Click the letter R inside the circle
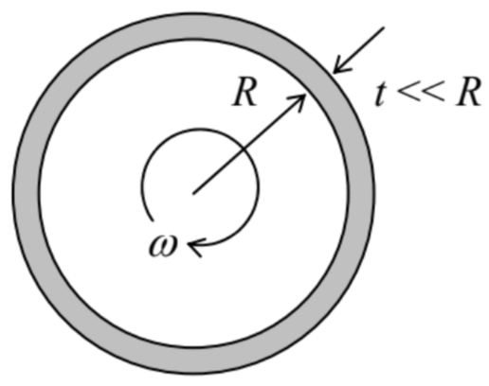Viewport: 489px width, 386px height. (244, 93)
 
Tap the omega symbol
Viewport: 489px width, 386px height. (163, 246)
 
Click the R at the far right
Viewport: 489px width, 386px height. (468, 92)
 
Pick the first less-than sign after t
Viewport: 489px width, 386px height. (408, 93)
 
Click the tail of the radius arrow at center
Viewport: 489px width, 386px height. (193, 193)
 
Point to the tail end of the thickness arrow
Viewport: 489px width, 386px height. (384, 27)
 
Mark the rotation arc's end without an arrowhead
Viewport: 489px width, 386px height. (154, 220)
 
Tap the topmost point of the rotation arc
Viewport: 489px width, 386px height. (200, 130)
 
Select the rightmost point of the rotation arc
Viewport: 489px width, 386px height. (259, 187)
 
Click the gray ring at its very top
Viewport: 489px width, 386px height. (193, 26)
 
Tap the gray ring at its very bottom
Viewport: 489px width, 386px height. (193, 361)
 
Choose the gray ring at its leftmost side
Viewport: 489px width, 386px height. (26, 193)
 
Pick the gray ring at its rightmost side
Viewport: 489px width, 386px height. (362, 193)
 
